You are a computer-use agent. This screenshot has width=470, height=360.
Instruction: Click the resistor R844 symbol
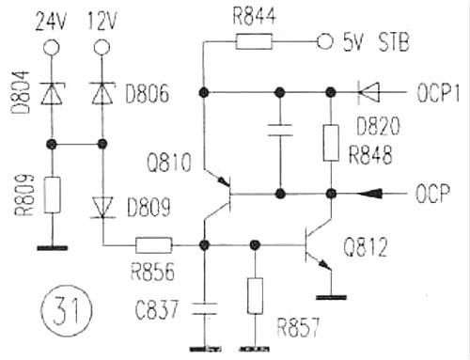tap(254, 40)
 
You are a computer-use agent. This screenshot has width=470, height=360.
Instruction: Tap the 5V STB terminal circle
tap(326, 40)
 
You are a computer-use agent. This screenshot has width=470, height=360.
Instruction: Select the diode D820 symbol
tap(368, 92)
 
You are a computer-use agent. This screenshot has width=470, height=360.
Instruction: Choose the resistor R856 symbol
tap(153, 245)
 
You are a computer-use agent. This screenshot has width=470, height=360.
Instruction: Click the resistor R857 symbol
tap(253, 296)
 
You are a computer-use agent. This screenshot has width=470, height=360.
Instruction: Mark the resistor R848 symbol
tap(331, 142)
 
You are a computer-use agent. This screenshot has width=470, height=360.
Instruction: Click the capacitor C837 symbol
tap(203, 306)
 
